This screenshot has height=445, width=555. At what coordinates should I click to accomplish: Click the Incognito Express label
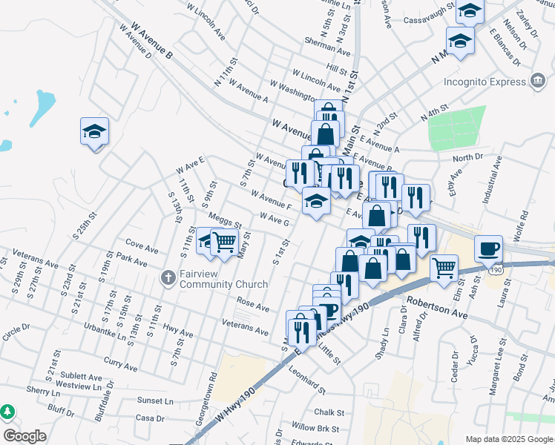tap(484, 82)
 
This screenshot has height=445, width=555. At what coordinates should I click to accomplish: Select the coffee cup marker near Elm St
tap(489, 248)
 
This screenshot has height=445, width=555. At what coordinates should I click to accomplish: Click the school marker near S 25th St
tap(95, 131)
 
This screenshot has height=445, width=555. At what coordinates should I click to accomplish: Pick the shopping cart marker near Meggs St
tap(224, 241)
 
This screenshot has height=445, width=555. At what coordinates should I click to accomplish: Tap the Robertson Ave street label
tap(436, 303)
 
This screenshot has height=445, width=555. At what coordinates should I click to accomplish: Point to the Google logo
tap(24, 436)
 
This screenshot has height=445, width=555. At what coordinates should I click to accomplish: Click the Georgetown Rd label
tap(213, 386)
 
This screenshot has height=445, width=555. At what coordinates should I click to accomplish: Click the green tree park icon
tap(7, 410)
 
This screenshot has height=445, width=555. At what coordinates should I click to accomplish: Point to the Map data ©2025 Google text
tap(509, 438)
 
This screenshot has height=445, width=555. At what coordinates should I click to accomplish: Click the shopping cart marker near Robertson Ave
tap(444, 268)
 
